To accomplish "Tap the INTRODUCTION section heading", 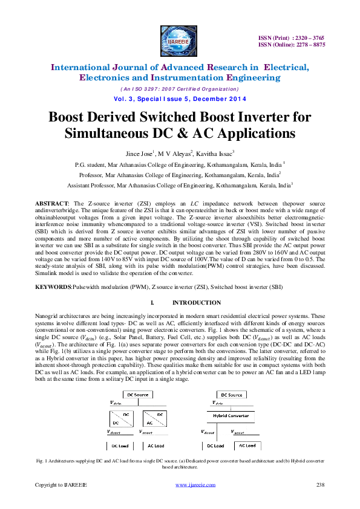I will (196, 302).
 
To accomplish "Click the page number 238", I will (321, 485).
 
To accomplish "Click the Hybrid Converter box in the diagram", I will (231, 415).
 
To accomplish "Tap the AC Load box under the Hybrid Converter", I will (247, 445).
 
